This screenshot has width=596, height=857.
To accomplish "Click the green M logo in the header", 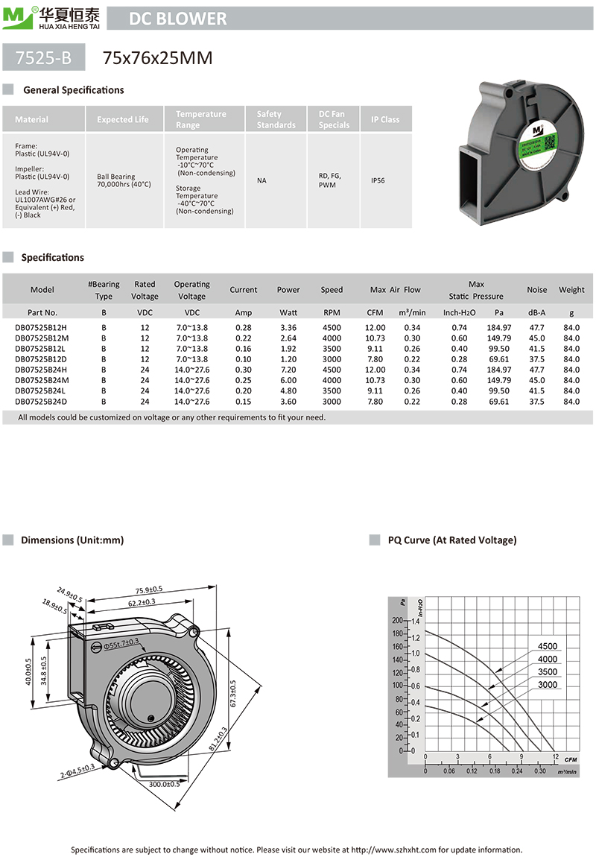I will [x=15, y=16].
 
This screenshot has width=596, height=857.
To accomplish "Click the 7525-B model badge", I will [x=44, y=57].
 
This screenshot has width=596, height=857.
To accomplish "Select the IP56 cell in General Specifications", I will [x=385, y=180].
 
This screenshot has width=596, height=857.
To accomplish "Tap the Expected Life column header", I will [x=123, y=119].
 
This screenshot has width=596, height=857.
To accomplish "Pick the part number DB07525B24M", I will [x=41, y=381].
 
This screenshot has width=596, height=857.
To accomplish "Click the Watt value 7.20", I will [x=288, y=370].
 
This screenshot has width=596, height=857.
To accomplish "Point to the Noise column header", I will [x=536, y=290].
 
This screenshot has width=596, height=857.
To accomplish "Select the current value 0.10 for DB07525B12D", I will [x=243, y=359].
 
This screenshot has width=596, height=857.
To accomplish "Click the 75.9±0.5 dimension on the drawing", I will [x=148, y=589].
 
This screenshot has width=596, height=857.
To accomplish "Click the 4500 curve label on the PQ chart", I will [x=547, y=646].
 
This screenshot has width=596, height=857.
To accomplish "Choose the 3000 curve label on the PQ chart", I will [x=547, y=684].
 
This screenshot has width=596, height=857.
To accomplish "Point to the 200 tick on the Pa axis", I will [x=396, y=620].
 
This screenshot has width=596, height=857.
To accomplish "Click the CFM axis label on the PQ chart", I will [x=571, y=759].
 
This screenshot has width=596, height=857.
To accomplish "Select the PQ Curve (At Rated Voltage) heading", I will [x=451, y=540].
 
